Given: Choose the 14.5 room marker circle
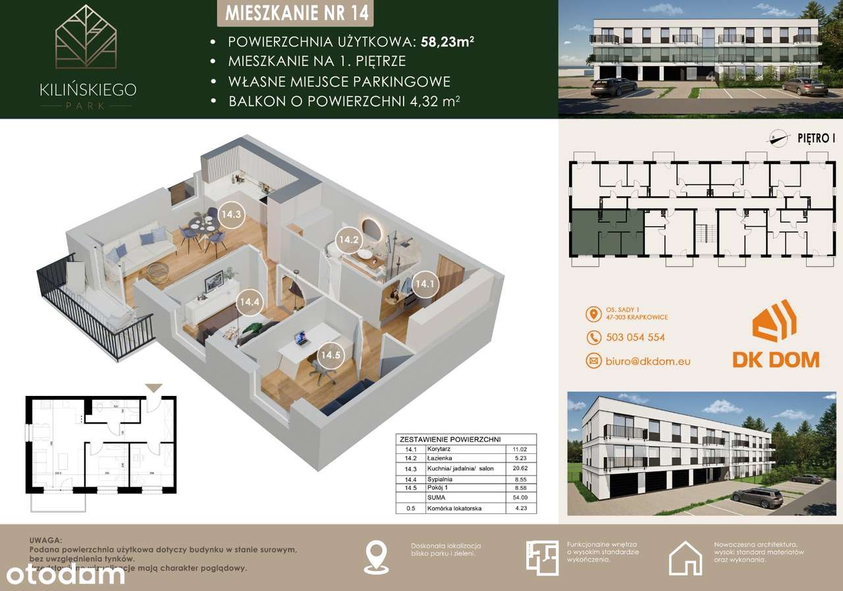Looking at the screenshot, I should tap(331, 355).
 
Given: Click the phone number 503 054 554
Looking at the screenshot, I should tap(635, 337).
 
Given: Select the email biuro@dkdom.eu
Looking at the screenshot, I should tap(647, 361).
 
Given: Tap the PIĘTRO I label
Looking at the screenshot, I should tap(816, 138).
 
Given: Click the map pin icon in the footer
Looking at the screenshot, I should tap(376, 557).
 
